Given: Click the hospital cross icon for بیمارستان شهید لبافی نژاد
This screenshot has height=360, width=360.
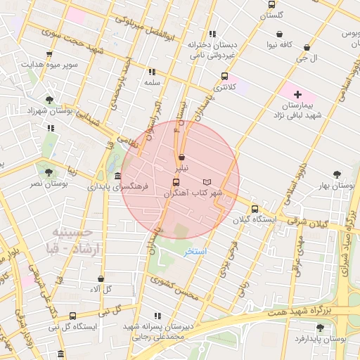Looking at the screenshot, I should [297, 94].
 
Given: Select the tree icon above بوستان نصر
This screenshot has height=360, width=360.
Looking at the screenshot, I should [49, 172].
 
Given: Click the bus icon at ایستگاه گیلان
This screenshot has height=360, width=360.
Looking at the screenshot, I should [255, 209].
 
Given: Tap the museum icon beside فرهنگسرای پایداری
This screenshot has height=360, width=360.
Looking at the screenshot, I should [117, 176].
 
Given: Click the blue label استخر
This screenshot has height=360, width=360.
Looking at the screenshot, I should [195, 251].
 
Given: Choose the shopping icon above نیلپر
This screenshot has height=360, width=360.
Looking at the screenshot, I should [182, 157].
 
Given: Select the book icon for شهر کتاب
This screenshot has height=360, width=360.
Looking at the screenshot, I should [206, 182].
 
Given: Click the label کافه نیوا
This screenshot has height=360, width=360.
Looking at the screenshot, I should [280, 45].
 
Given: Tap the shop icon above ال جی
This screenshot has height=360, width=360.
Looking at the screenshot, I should [307, 48].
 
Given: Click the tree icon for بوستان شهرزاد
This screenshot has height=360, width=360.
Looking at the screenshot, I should [49, 100].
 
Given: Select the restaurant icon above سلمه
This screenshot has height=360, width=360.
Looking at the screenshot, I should [152, 72].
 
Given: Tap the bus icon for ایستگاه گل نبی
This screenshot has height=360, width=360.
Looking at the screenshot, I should [73, 316].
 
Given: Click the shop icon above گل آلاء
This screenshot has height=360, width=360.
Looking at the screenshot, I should [101, 278].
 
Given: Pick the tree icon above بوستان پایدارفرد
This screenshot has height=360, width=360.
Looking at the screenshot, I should [321, 328].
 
